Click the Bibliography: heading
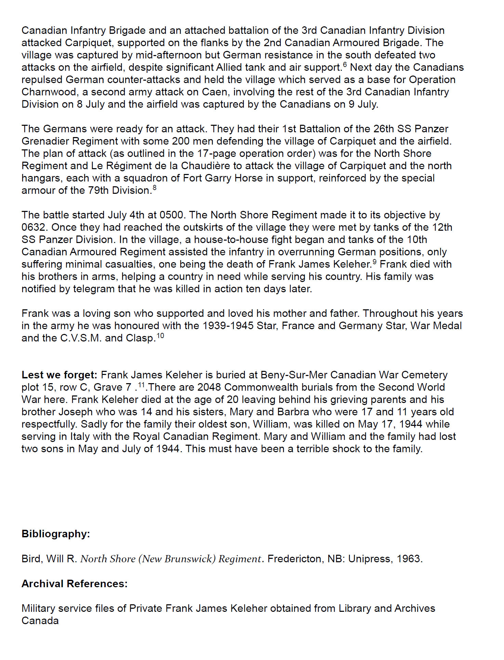[x=56, y=534]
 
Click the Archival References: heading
[x=74, y=583]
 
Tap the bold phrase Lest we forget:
[x=59, y=375]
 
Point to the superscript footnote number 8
[x=155, y=188]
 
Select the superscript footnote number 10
[x=160, y=335]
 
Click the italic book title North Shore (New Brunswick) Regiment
[x=171, y=559]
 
